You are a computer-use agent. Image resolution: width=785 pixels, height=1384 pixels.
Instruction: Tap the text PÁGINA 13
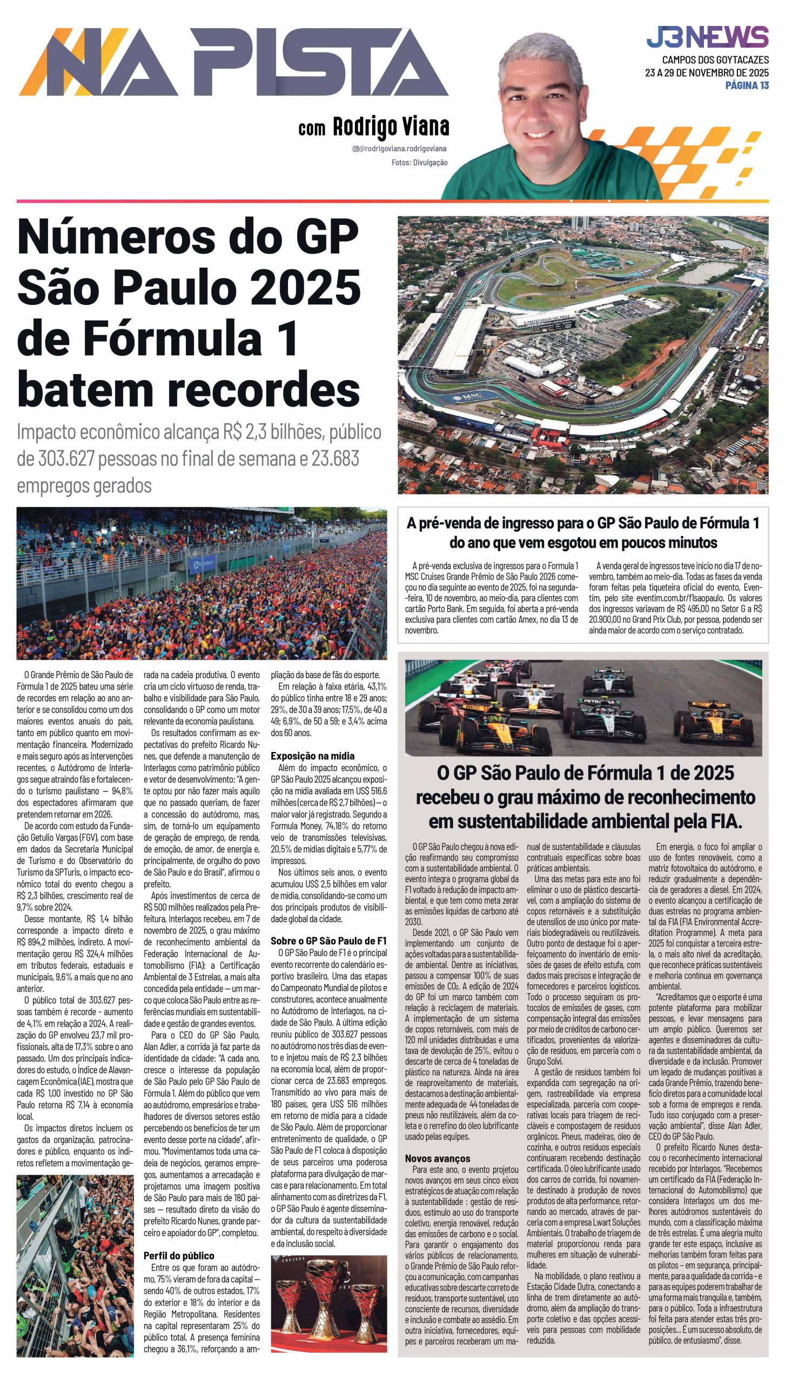tap(747, 85)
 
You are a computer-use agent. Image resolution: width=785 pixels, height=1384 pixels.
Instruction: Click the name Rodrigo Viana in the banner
tap(391, 127)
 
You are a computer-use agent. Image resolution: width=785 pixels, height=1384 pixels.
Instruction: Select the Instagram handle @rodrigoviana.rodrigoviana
tap(399, 149)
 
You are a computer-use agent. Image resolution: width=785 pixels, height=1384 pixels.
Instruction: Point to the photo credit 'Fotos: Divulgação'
tap(419, 162)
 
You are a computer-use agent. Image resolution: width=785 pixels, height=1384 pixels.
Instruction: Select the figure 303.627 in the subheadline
tap(66, 459)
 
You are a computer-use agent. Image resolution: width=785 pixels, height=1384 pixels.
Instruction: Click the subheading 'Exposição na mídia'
tap(313, 756)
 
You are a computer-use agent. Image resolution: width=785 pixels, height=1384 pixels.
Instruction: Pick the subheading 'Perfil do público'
tap(179, 1255)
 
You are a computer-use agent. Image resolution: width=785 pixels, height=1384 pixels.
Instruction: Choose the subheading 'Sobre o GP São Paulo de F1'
tap(328, 941)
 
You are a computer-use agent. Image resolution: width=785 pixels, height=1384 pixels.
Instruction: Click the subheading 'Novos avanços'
tap(438, 1158)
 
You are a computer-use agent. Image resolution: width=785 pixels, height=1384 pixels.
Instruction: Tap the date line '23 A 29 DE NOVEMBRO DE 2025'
tap(707, 72)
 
